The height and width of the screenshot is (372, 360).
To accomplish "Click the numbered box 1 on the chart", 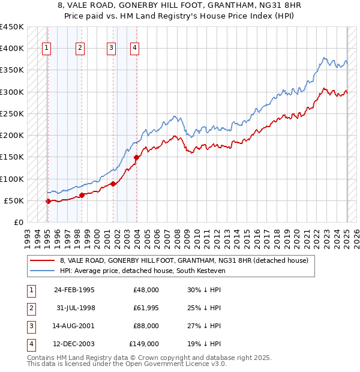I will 47,49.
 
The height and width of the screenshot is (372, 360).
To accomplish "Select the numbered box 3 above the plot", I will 112,49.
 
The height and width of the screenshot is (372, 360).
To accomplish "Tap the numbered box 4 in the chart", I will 135,49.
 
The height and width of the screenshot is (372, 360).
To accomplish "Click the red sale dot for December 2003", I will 136,158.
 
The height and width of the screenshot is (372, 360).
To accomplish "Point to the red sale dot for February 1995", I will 48,202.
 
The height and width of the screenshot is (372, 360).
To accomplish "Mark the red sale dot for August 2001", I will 113,184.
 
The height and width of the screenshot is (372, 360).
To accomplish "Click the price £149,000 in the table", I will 144,344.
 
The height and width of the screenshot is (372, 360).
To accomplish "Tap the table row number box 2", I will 30,308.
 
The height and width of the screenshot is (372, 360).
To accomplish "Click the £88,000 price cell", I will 146,326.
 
